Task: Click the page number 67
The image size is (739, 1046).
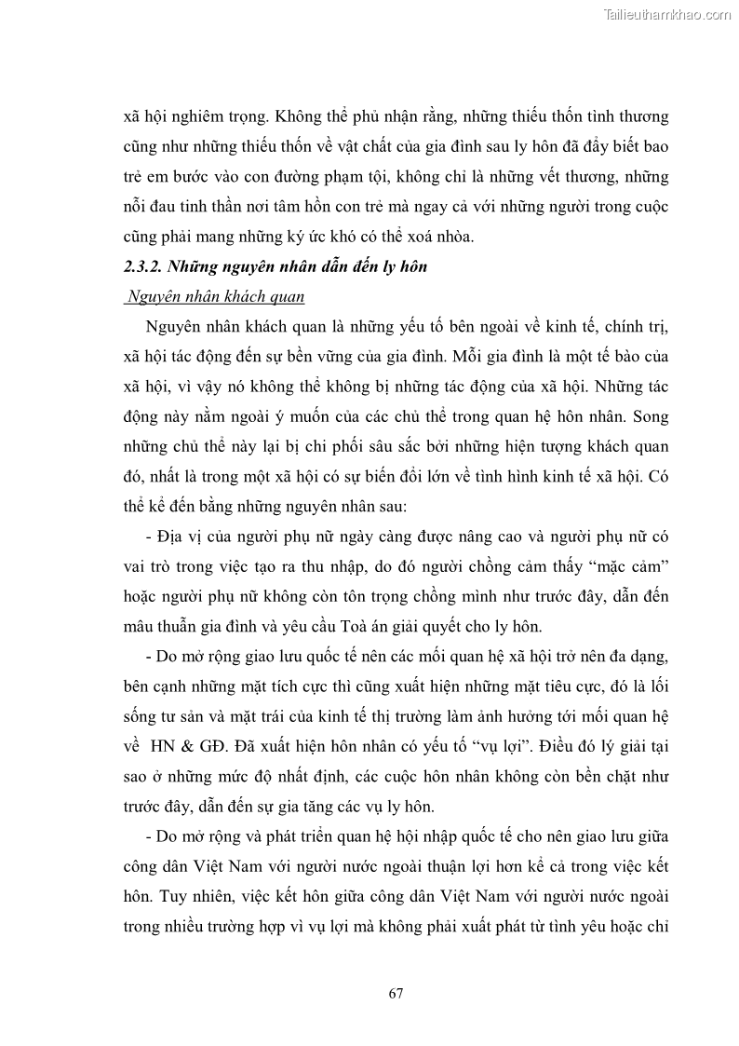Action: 396,992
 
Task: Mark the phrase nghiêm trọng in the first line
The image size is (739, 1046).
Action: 207,117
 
